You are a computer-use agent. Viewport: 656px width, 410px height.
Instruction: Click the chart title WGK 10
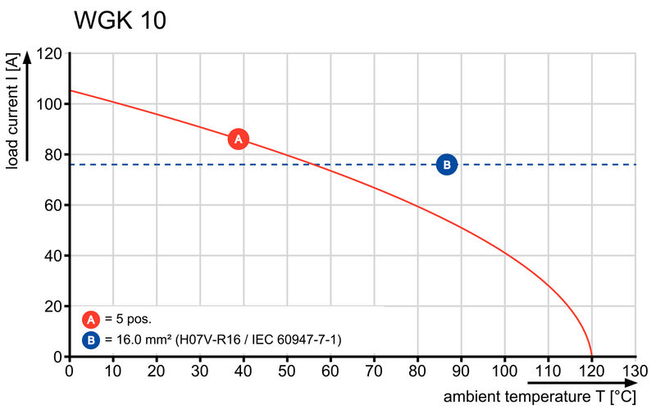pos(120,21)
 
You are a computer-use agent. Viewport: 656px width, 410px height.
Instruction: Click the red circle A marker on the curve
pos(239,139)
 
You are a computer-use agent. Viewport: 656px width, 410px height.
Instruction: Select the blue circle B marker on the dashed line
pos(447,165)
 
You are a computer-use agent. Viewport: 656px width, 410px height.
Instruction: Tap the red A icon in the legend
pos(91,319)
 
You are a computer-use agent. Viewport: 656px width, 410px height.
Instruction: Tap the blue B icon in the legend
pos(91,338)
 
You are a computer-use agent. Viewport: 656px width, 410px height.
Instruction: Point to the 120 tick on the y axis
pos(50,54)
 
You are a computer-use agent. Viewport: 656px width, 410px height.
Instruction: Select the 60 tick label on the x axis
pos(330,370)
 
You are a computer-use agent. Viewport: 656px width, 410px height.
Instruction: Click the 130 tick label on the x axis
pos(635,370)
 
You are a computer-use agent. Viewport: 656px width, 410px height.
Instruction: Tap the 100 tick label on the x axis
pos(504,370)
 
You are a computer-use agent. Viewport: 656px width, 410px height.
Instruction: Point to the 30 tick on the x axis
pos(200,370)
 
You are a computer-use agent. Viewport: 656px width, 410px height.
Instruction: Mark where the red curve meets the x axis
pos(591,357)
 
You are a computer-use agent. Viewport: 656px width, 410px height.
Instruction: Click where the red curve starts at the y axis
pos(71,90)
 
